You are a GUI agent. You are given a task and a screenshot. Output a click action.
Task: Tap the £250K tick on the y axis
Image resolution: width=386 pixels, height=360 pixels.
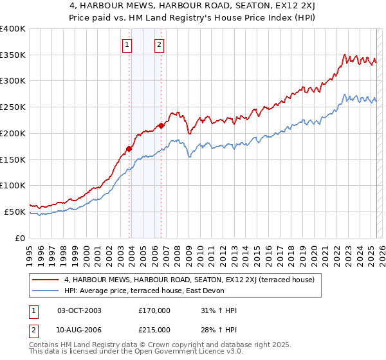(x=13, y=107)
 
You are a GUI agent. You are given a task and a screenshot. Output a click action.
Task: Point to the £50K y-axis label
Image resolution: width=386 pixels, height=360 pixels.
(x=15, y=212)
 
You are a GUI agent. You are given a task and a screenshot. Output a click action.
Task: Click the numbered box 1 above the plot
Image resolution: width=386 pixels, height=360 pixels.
(x=127, y=45)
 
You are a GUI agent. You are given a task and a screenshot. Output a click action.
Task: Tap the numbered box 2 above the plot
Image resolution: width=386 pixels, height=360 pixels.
(x=158, y=45)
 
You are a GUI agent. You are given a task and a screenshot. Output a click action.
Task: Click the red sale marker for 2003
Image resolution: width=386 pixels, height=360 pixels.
(x=129, y=148)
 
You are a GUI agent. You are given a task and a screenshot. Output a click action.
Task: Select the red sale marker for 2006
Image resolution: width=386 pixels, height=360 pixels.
(x=161, y=125)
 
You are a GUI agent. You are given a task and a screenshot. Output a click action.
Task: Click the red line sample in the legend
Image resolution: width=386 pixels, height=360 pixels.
(x=46, y=280)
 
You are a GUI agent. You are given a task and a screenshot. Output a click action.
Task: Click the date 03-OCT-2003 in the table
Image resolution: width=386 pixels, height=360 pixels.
(x=79, y=310)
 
